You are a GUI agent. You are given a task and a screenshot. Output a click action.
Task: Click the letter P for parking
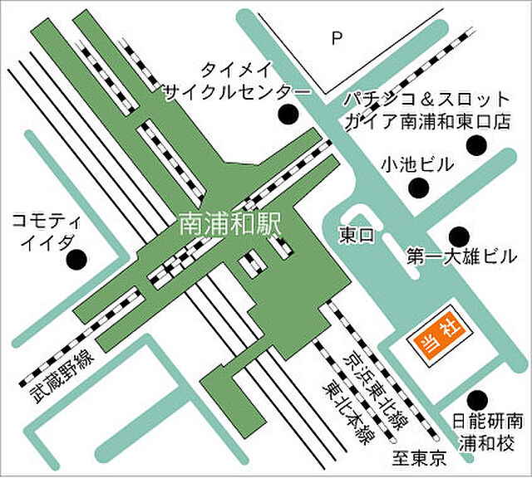click(337, 37)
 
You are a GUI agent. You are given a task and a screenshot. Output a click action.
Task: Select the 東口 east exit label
click(357, 235)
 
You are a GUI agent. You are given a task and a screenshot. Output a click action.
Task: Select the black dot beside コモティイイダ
click(76, 260)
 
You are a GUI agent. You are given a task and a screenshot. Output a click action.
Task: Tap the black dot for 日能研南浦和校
click(475, 399)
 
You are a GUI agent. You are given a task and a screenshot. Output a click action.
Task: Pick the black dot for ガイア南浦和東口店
click(475, 146)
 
